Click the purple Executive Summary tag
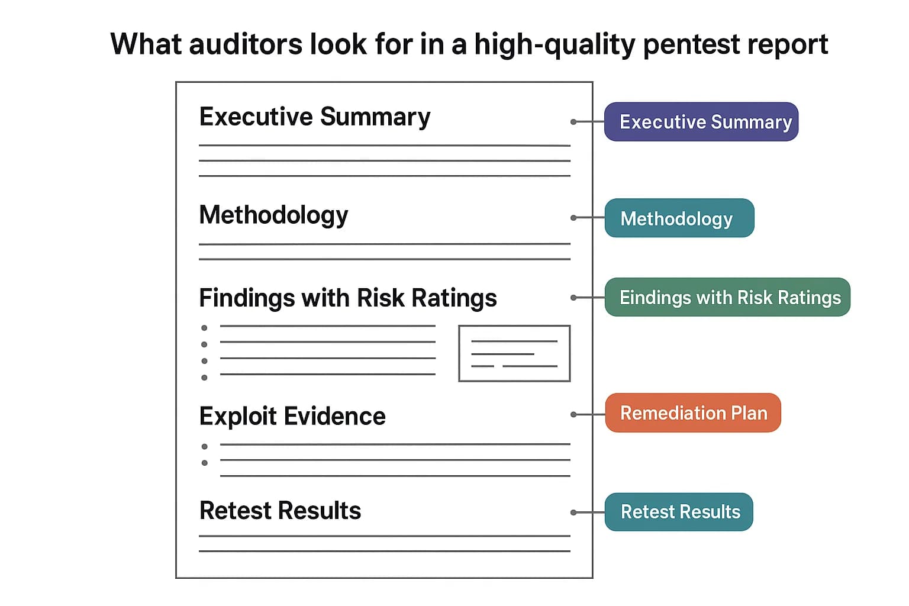[701, 122]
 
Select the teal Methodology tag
[679, 218]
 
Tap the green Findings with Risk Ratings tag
[727, 297]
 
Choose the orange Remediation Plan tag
[693, 412]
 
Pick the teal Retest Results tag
[679, 512]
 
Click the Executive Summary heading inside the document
[314, 117]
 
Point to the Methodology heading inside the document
[273, 215]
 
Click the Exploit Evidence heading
[292, 417]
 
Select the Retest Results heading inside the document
[280, 511]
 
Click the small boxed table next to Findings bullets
[514, 353]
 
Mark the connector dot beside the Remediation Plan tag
[573, 414]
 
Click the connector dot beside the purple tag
[573, 122]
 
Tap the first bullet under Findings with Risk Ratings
[204, 328]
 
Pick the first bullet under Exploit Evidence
[204, 447]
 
